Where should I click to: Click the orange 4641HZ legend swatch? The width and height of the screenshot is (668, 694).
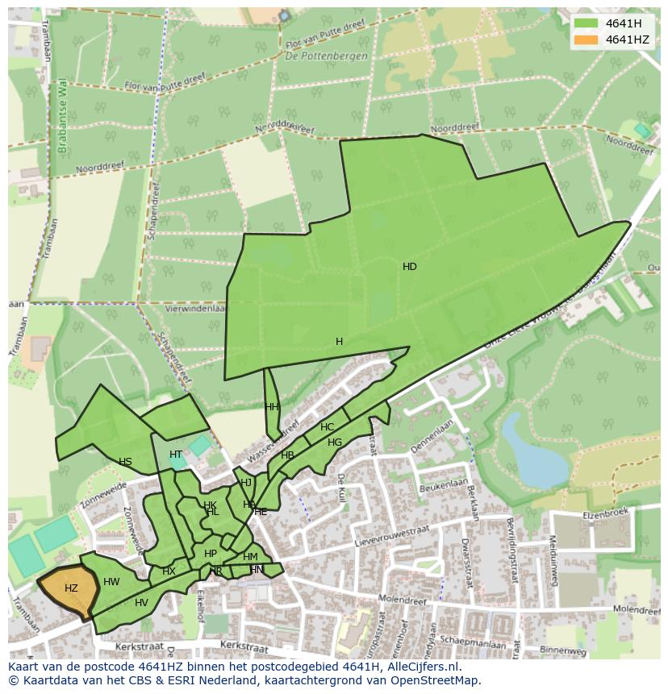587,39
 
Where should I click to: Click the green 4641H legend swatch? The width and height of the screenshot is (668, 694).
587,23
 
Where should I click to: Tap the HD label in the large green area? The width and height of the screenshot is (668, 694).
410,267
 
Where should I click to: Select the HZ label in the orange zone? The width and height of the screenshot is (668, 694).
71,588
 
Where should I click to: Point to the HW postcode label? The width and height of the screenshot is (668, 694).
111,582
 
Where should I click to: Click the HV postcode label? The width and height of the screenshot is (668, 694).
141,603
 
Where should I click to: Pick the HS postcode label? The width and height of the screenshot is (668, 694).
125,462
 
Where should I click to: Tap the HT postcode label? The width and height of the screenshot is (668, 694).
176,455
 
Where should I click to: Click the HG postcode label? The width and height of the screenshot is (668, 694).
335,443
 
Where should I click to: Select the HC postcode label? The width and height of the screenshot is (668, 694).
327,427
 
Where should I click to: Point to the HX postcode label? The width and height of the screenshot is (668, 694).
169,571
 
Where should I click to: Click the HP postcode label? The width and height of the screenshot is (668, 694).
210,554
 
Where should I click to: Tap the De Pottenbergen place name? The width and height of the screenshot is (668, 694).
326,56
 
